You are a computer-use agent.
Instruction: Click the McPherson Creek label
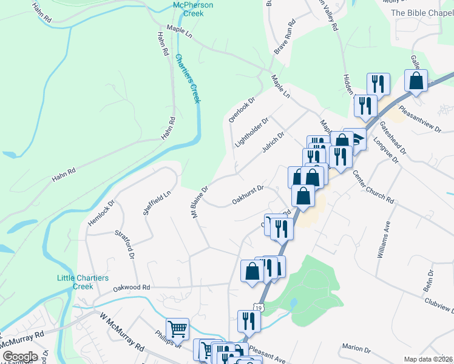point(193,9)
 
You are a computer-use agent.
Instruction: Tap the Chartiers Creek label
point(187,79)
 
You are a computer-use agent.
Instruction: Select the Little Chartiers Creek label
point(83,282)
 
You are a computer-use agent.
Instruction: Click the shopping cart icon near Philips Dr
point(177,329)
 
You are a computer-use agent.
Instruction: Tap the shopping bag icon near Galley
point(416,81)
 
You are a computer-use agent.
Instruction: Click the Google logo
point(20,356)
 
